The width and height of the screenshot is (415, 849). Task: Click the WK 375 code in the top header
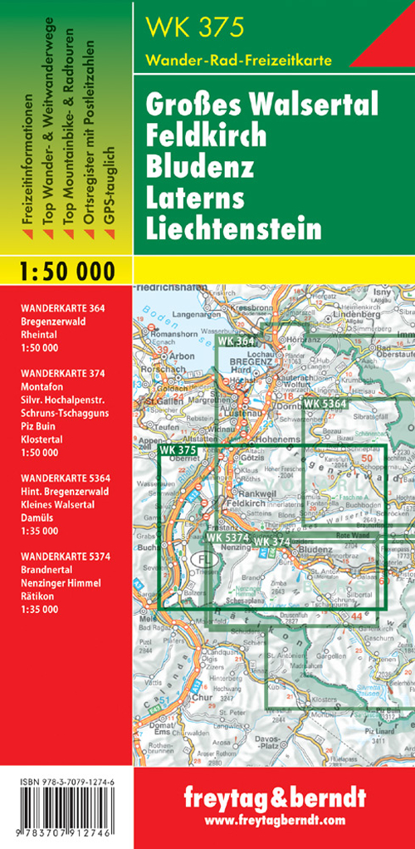tap(196, 29)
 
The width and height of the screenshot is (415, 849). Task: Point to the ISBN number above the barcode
tap(66, 783)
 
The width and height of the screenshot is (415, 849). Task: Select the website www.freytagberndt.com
tap(273, 821)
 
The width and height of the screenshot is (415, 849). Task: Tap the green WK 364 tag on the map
tap(237, 341)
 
